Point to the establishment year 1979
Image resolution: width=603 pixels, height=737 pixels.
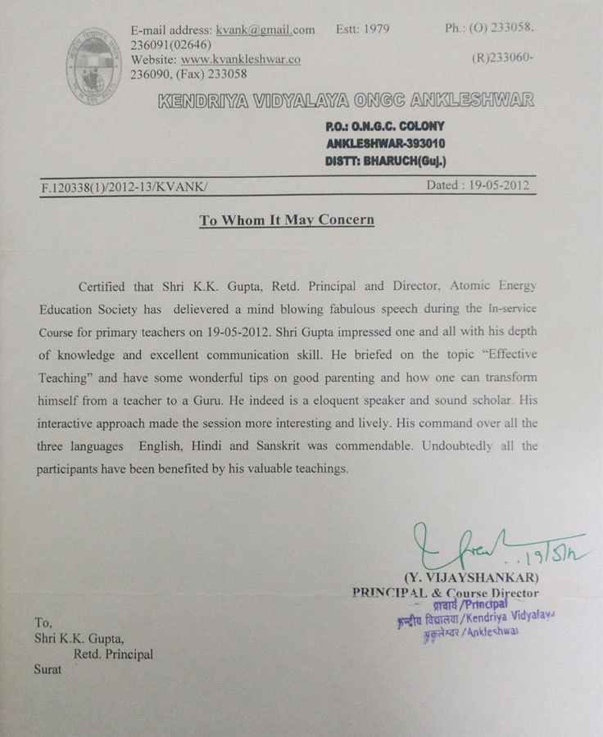tap(375, 29)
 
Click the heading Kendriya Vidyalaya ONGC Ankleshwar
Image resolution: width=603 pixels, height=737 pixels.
tap(345, 102)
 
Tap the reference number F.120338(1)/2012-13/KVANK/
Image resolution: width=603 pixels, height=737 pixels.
tap(125, 187)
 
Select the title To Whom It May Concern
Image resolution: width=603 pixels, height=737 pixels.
tap(287, 220)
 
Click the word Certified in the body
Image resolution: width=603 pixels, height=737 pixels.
tap(105, 287)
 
